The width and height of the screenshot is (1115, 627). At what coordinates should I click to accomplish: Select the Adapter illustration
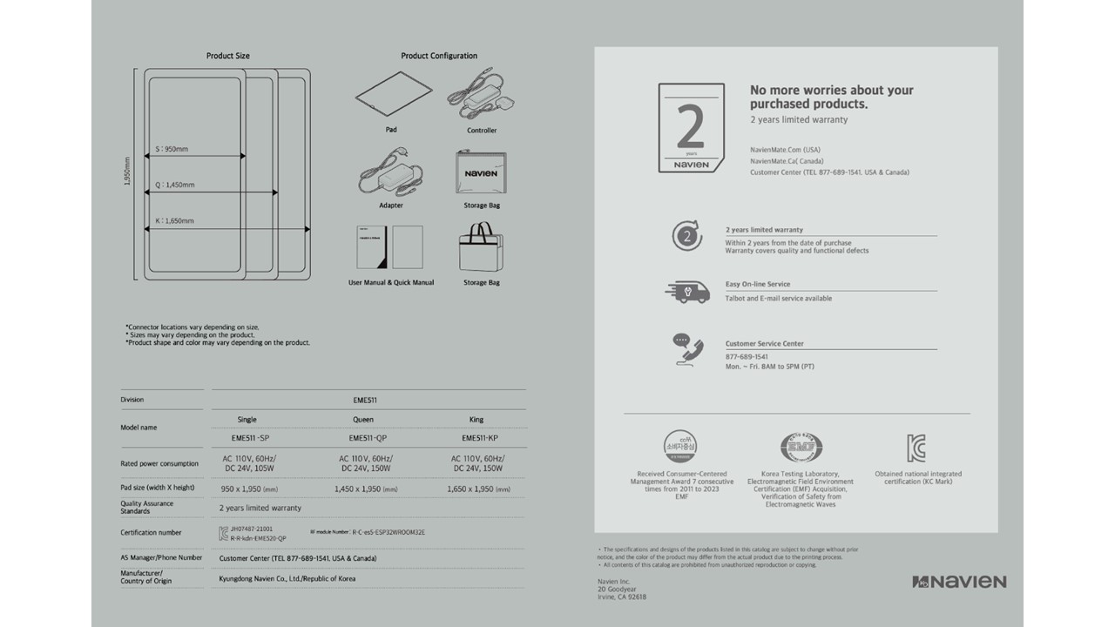click(x=391, y=172)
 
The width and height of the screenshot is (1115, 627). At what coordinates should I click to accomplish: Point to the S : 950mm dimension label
click(x=172, y=149)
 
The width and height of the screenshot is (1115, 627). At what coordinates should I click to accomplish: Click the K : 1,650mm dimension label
click(x=174, y=221)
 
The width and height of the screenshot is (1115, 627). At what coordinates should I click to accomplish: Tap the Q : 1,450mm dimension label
click(x=174, y=185)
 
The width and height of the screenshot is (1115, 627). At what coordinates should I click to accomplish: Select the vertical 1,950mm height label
click(x=127, y=172)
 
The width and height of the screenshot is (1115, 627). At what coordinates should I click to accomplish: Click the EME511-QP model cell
click(x=363, y=438)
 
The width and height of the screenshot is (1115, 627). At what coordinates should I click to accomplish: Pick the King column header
click(x=476, y=420)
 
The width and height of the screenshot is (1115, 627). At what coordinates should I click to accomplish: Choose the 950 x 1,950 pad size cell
click(x=249, y=489)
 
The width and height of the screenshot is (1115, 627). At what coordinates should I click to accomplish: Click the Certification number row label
click(x=151, y=532)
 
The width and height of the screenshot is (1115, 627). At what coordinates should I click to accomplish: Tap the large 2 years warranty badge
click(x=691, y=128)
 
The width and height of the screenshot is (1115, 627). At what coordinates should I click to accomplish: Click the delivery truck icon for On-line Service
click(x=687, y=292)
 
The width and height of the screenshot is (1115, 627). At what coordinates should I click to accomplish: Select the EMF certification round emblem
click(x=800, y=448)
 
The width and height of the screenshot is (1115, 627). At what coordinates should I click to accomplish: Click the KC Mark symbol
click(x=916, y=448)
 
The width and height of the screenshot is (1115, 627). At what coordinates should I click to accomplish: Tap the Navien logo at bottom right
click(x=959, y=582)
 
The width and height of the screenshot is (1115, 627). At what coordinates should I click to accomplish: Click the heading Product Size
click(x=228, y=56)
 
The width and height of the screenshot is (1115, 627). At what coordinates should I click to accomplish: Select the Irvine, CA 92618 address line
click(x=622, y=597)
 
